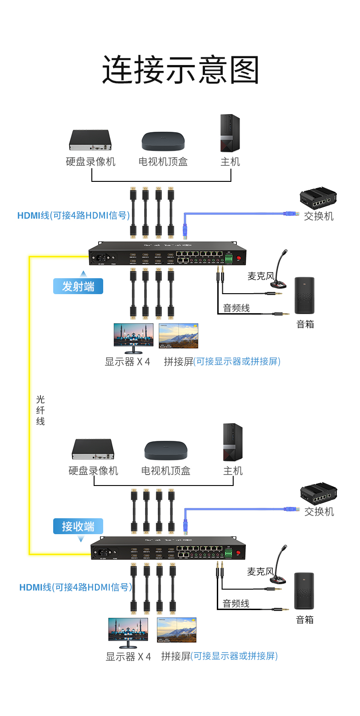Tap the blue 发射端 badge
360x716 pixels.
coord(78,286)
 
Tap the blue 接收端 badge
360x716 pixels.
coord(78,526)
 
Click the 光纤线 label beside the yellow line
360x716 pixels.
coord(40,410)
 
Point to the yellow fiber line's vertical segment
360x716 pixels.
coord(30,405)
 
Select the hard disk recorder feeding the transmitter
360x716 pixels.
coord(90,140)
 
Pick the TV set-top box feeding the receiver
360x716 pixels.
coord(165,451)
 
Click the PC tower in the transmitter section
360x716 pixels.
coord(230,133)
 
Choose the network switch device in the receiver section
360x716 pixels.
coord(319,493)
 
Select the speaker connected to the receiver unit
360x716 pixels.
coord(304,591)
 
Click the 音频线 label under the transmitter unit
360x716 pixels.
coord(236,308)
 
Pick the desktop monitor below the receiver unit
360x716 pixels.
coord(128,632)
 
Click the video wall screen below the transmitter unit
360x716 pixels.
coord(179,335)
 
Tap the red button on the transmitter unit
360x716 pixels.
coord(238,258)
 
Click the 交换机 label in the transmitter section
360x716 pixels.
coord(319,216)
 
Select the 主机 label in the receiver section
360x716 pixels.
coord(233,471)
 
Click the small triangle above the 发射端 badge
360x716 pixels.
coord(83,274)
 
